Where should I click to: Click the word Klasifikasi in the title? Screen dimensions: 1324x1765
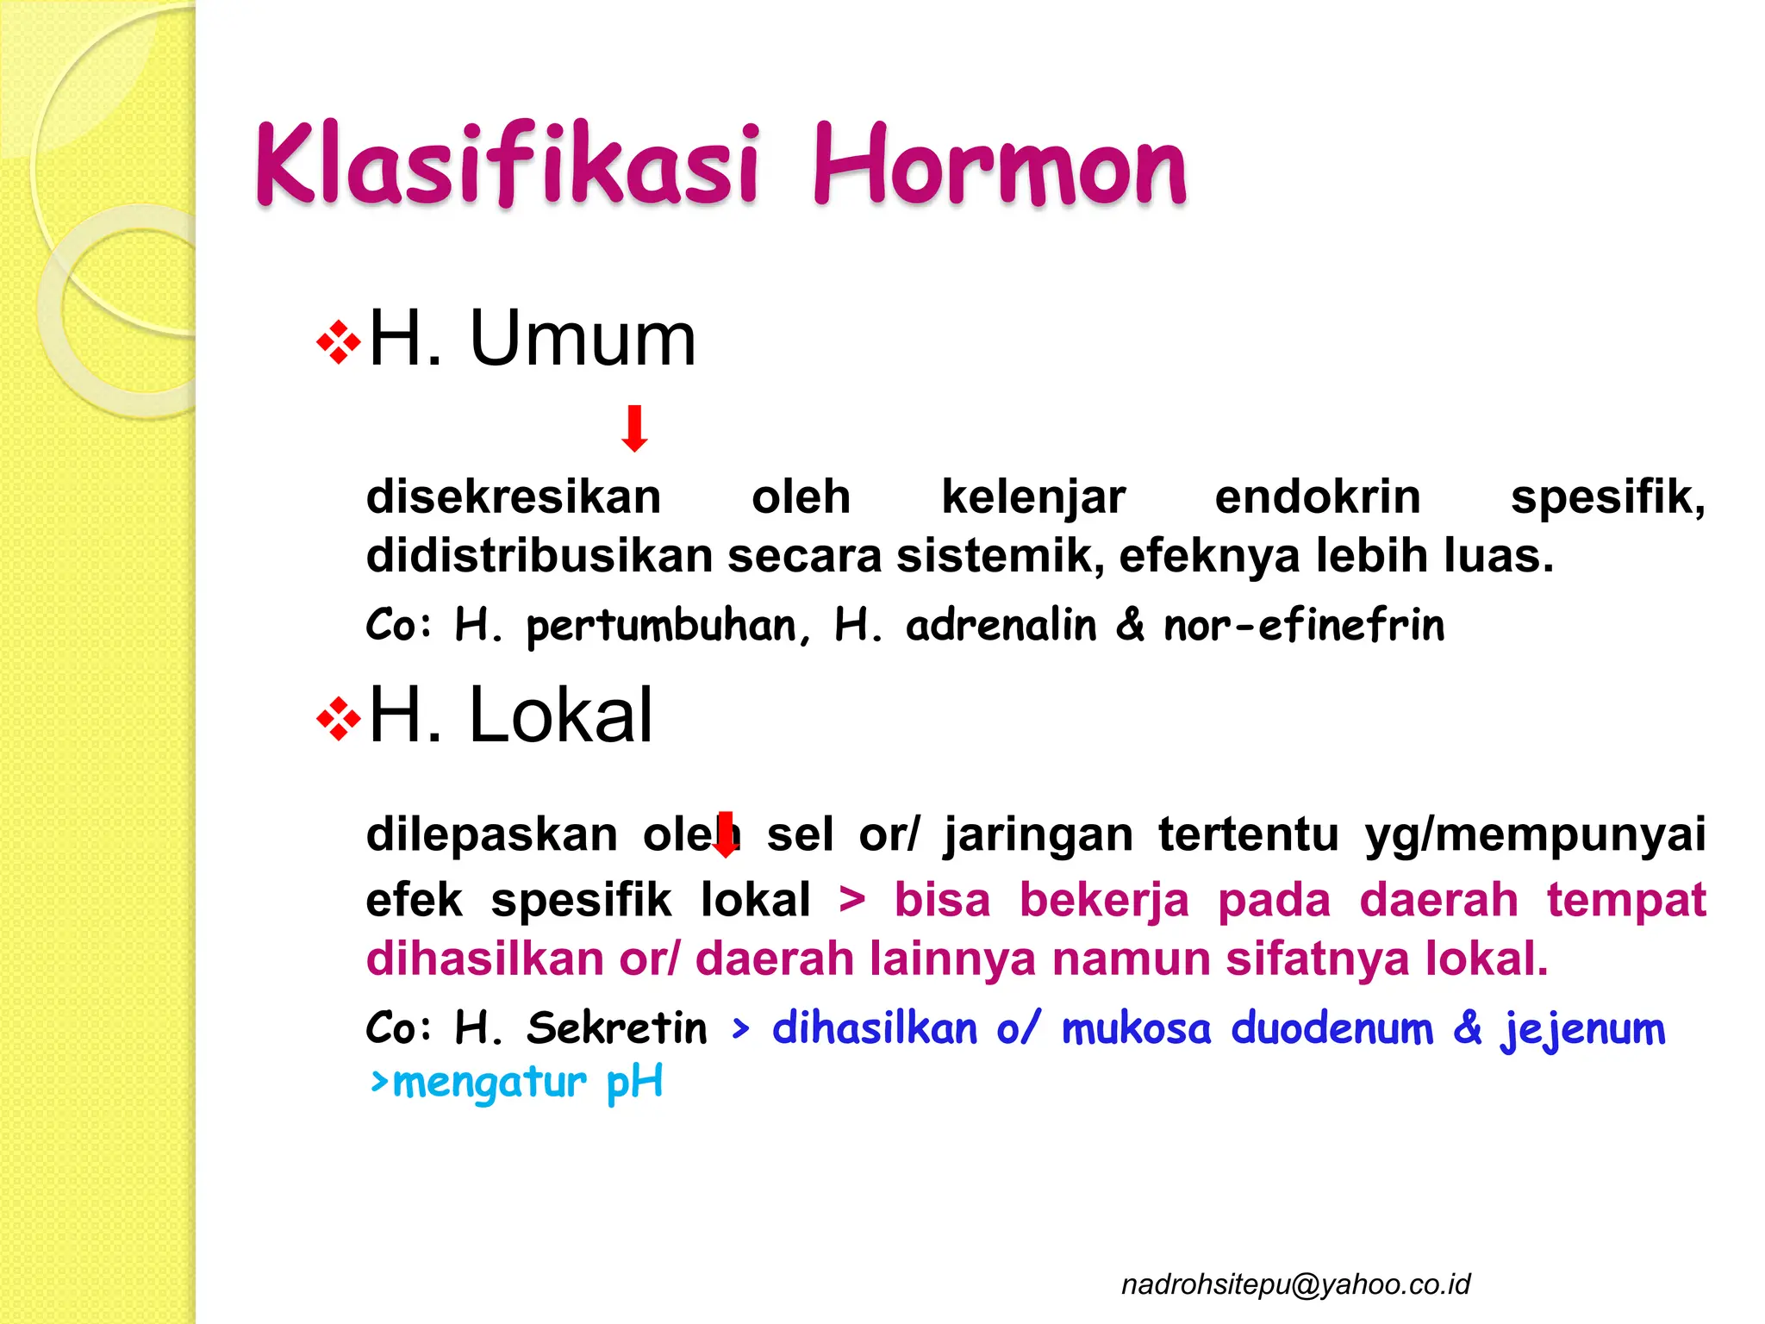(507, 165)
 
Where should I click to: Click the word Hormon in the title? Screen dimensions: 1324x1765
(1000, 165)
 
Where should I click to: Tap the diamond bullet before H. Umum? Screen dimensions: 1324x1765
(338, 343)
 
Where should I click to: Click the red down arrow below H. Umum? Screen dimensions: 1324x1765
(635, 428)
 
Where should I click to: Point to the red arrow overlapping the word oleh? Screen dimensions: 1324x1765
(726, 834)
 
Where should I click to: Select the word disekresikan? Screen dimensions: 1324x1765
(514, 497)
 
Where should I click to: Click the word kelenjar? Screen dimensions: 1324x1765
(1032, 497)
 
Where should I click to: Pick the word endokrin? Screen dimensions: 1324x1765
(1317, 497)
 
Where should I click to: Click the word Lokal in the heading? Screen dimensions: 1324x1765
(560, 715)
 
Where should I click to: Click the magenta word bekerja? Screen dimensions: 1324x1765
(1104, 900)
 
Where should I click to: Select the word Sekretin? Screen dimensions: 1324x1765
(617, 1027)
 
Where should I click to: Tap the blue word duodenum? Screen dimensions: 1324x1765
(1332, 1027)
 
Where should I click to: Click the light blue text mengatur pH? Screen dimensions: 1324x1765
(517, 1083)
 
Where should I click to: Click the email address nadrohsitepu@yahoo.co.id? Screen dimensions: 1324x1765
(1295, 1284)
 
